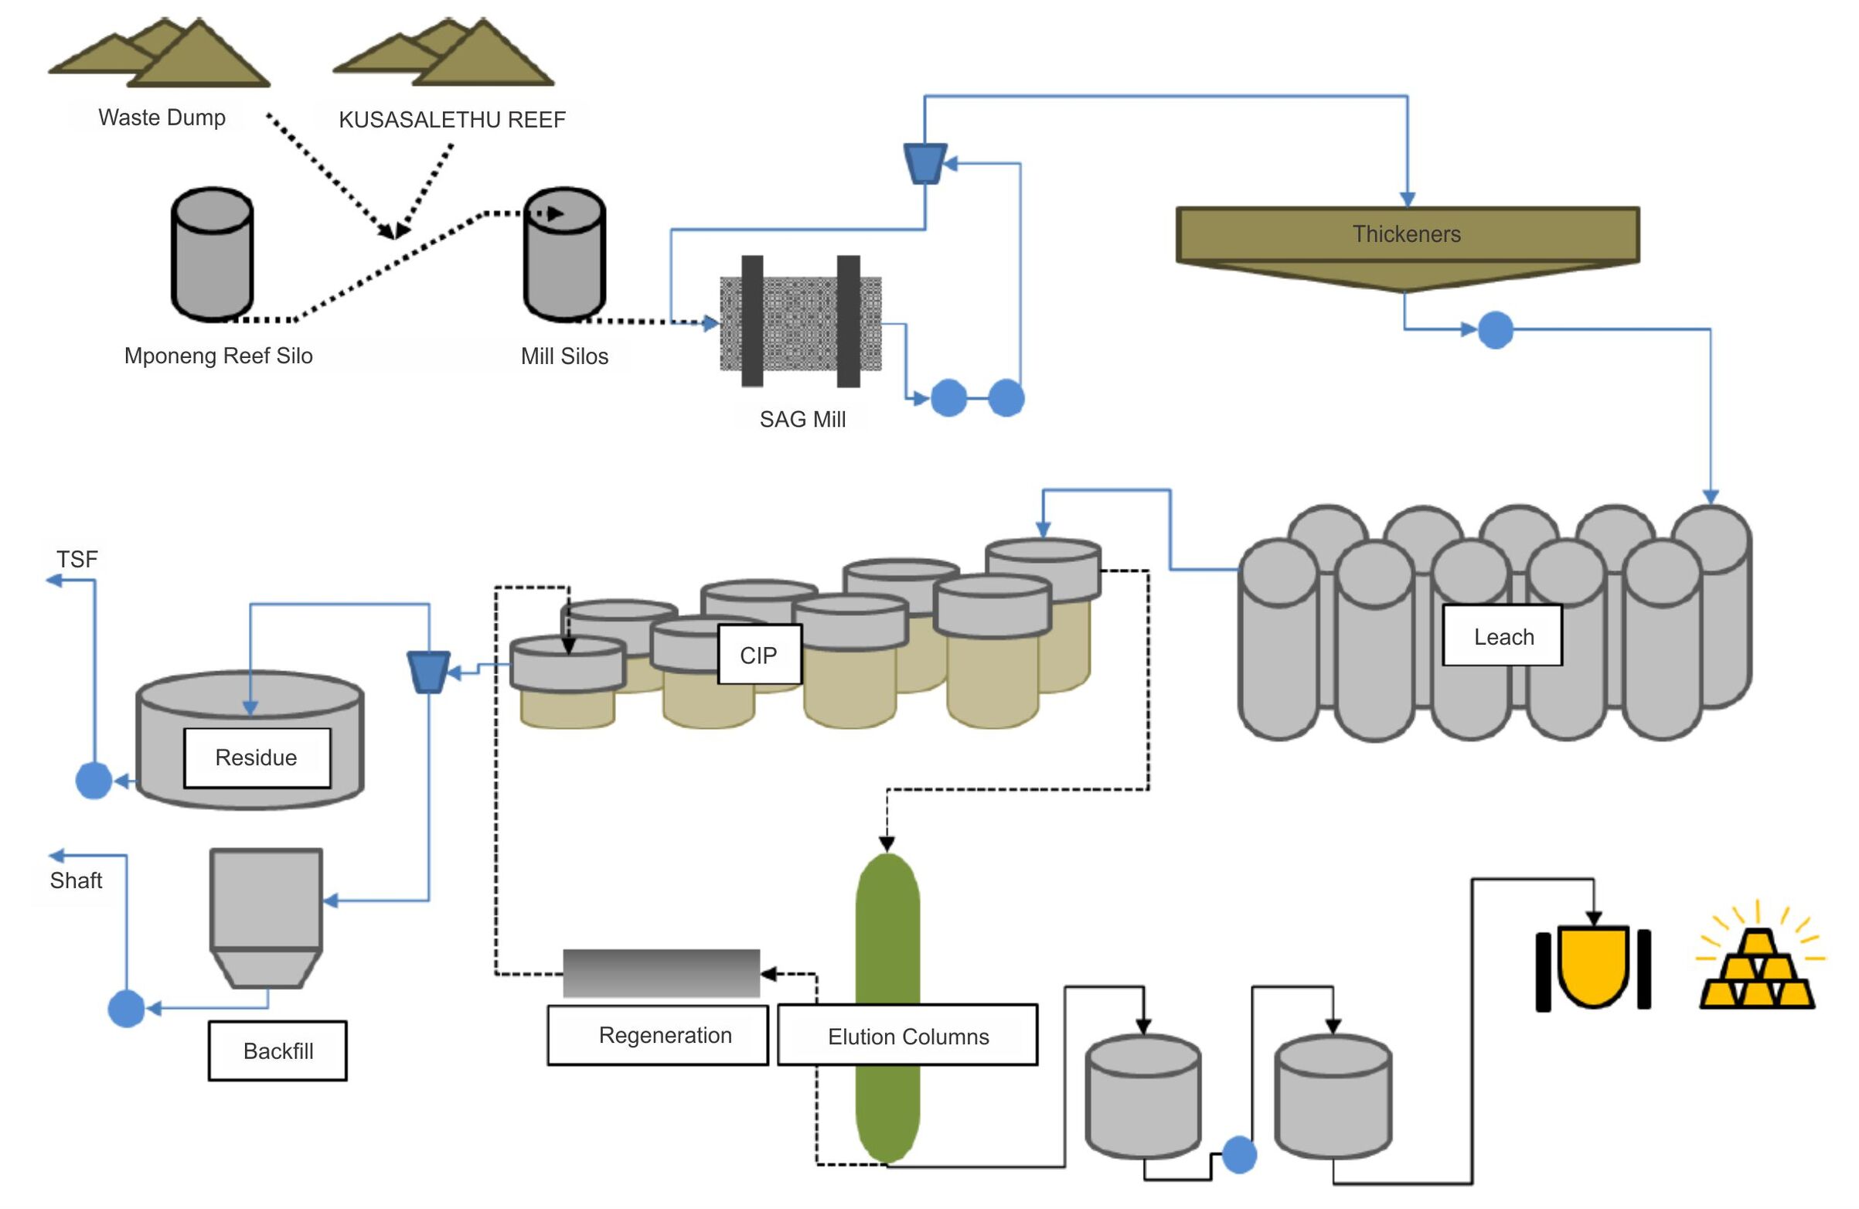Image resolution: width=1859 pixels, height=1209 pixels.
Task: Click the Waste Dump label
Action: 162,117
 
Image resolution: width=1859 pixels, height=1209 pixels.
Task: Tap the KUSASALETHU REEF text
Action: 451,120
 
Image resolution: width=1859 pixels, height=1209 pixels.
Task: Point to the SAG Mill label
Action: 802,420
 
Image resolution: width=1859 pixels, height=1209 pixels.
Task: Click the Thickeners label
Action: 1406,233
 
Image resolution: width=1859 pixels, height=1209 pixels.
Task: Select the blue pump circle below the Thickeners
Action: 1495,329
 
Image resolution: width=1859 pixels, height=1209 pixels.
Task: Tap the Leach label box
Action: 1502,635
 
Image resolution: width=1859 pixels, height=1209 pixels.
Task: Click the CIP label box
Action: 758,655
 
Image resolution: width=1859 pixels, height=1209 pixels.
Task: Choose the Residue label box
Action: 256,758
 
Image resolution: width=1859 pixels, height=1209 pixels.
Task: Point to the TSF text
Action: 77,559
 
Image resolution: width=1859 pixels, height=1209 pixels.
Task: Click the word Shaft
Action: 76,880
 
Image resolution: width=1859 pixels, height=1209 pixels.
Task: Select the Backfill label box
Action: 277,1051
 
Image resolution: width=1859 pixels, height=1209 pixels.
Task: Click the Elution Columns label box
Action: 907,1036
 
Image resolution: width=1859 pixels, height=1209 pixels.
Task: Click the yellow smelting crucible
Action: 1593,967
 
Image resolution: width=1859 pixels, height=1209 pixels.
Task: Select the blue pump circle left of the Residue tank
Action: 94,780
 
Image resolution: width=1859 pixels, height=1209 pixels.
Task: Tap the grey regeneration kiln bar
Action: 661,973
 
